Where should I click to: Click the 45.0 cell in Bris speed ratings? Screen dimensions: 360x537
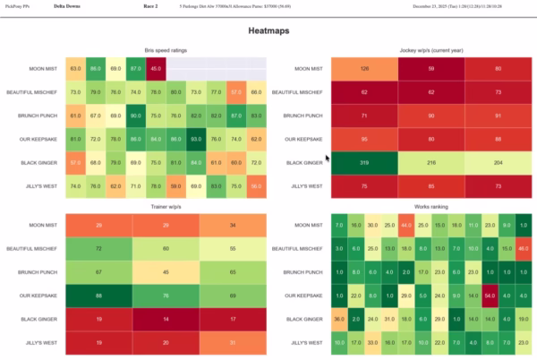pyautogui.click(x=155, y=68)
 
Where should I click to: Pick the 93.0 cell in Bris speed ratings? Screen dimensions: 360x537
pyautogui.click(x=194, y=139)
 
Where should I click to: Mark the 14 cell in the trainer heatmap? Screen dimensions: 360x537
pyautogui.click(x=164, y=318)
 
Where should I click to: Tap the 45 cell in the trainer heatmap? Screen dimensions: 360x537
pyautogui.click(x=164, y=271)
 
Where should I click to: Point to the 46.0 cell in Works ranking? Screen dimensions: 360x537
pyautogui.click(x=522, y=247)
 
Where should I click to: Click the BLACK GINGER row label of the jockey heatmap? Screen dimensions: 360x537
pyautogui.click(x=304, y=163)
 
